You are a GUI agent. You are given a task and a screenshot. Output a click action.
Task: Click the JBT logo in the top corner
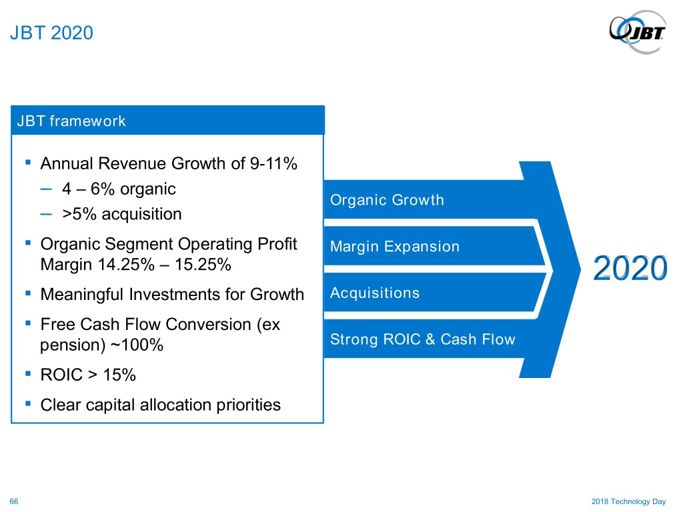coord(638,32)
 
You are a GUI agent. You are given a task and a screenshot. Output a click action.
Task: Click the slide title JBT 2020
coord(51,33)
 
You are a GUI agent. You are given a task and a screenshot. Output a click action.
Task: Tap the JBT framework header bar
coord(167,120)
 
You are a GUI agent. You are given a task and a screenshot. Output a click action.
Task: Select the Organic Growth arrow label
coord(387,200)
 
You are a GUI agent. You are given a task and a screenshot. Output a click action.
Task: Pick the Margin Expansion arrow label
coord(395,247)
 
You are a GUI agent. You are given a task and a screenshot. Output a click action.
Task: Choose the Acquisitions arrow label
coord(375,293)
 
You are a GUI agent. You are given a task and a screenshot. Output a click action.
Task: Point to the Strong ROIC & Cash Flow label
coord(422,339)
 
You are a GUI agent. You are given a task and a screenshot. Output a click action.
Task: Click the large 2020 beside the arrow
coord(630,268)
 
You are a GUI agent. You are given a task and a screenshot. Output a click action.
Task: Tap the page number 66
coord(14,501)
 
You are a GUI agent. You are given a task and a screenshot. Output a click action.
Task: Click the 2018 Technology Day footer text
coord(628,501)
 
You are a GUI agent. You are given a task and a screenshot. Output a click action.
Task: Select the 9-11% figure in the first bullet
coord(273,164)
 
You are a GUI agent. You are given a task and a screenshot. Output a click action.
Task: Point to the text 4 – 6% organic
coord(119,189)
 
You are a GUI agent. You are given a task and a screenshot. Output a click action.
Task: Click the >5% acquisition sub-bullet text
coord(122,214)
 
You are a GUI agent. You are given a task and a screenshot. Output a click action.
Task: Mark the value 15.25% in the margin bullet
coord(203,265)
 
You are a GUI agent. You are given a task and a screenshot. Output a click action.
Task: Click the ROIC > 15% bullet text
coord(88,375)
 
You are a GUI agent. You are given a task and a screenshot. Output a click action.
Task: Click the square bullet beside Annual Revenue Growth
coord(28,163)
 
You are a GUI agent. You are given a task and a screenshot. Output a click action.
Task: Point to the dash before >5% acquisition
coord(46,214)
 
